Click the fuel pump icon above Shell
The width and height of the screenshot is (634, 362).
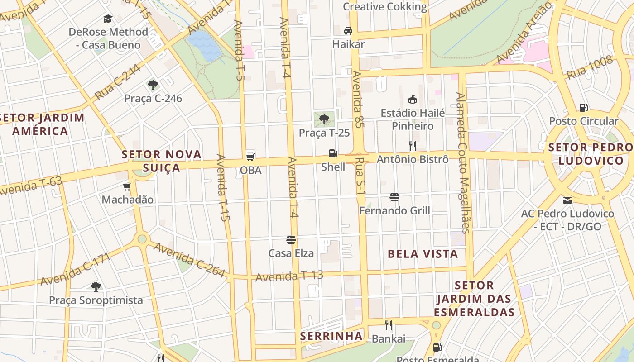coord(333,153)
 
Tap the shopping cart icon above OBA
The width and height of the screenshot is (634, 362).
coord(250,156)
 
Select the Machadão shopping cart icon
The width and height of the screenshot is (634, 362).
coord(127,186)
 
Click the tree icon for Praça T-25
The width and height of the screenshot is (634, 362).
coord(324,119)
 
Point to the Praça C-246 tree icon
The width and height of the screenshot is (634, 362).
coord(153,85)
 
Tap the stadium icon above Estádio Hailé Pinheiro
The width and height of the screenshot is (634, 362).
coord(412,99)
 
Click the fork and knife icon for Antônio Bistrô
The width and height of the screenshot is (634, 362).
coord(412,146)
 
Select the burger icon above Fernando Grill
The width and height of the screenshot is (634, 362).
coord(394,197)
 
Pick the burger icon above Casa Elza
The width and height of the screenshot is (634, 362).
coord(291,239)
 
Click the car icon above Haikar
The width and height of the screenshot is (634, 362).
coord(348,31)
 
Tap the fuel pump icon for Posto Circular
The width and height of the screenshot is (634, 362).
coord(583,107)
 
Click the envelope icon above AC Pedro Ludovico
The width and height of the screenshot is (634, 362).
coord(567,200)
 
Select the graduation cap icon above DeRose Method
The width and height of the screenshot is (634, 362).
coord(108,19)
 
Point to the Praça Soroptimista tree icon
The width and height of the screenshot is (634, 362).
coord(96,286)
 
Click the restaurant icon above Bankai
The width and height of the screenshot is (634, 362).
coord(388,325)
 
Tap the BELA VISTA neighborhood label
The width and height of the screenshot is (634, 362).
coord(423,254)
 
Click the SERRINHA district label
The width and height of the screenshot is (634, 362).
coord(331,336)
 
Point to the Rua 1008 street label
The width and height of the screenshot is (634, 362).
coord(590,67)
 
